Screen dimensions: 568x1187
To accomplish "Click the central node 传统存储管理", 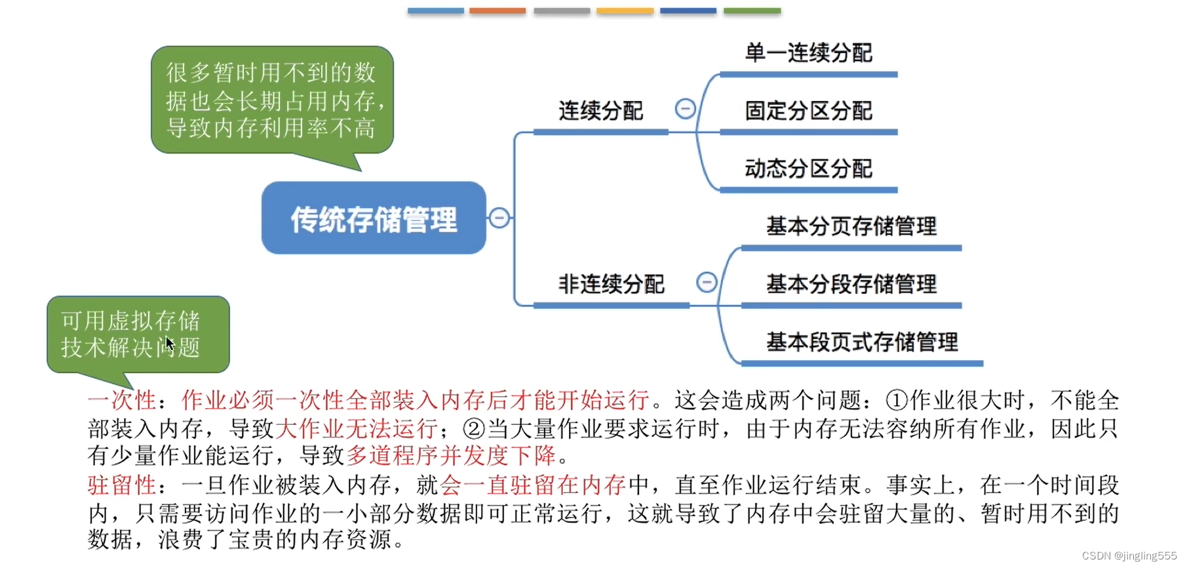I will pos(374,218).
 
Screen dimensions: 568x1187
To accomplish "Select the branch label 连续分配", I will pos(600,111).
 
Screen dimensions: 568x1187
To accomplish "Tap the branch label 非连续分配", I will pos(611,284).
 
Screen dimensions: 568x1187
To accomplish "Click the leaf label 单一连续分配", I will pos(808,53).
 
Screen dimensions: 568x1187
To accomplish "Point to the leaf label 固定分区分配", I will pos(808,111).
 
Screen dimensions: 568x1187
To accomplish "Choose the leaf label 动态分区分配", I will pos(808,169).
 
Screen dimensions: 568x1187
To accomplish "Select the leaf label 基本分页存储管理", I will pos(851,226).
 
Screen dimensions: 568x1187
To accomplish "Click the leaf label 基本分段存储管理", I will pos(851,284).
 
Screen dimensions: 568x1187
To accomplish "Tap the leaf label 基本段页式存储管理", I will pos(862,342).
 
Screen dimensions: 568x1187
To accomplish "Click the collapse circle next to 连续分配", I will pos(685,108).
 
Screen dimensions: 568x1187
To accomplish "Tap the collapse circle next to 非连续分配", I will pos(707,282).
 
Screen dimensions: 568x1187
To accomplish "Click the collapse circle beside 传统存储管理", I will pos(499,218).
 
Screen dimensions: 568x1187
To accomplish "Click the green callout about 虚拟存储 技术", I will pos(138,334).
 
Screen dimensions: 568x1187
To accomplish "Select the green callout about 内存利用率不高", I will pos(271,100).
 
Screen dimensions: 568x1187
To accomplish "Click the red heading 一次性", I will pos(122,400).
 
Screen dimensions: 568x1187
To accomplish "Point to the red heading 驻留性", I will pos(122,485).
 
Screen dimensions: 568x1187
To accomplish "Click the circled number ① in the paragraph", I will pos(897,400).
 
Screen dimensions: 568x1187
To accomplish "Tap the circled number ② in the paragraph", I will pos(474,429).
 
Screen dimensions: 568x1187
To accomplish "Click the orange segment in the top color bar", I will pos(497,10).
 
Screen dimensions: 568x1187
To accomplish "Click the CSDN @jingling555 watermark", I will pos(1129,556).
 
